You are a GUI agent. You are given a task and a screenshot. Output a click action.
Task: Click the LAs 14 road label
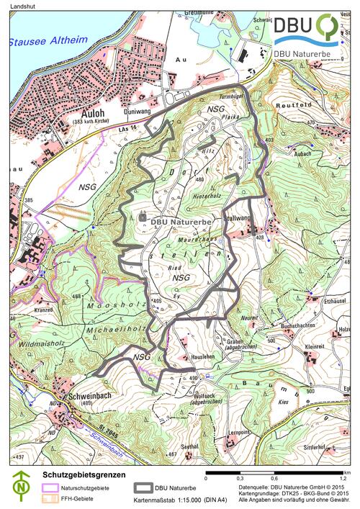pyautogui.click(x=129, y=128)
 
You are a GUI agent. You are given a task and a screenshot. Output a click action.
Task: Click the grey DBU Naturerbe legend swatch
pyautogui.click(x=142, y=487)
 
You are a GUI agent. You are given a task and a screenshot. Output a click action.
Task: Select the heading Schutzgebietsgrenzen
pyautogui.click(x=81, y=475)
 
